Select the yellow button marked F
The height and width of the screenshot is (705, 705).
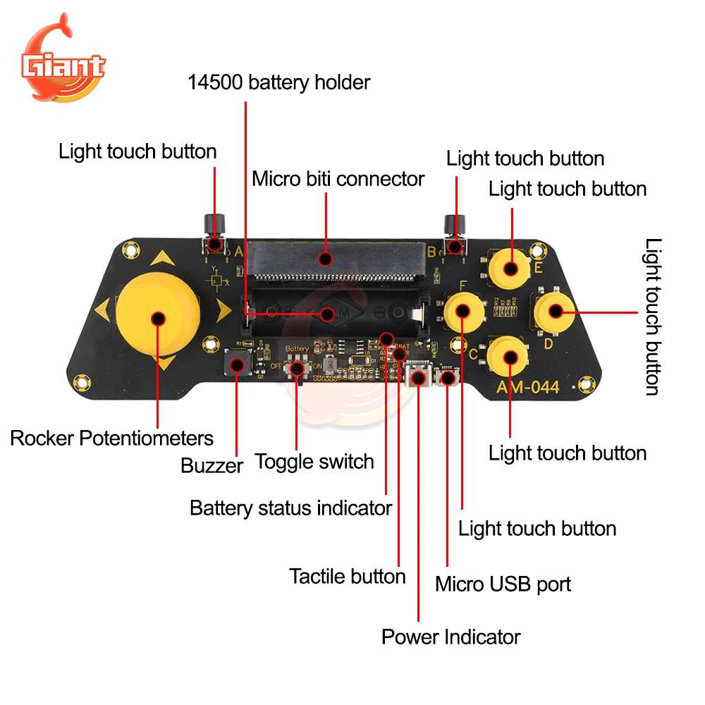462,310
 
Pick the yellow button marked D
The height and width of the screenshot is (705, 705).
554,310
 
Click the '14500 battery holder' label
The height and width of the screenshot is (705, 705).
278,82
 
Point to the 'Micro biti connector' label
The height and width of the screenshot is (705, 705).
338,179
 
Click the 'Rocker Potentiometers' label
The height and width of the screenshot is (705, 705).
111,438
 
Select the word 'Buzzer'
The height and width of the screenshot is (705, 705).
211,465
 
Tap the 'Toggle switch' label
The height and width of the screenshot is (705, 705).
314,462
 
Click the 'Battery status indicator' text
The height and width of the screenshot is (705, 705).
290,508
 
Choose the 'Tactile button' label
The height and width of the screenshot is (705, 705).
347,576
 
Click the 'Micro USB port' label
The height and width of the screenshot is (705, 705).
503,584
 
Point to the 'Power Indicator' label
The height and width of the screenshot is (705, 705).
450,637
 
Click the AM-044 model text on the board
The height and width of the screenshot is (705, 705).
527,387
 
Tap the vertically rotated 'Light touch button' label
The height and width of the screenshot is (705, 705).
654,317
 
